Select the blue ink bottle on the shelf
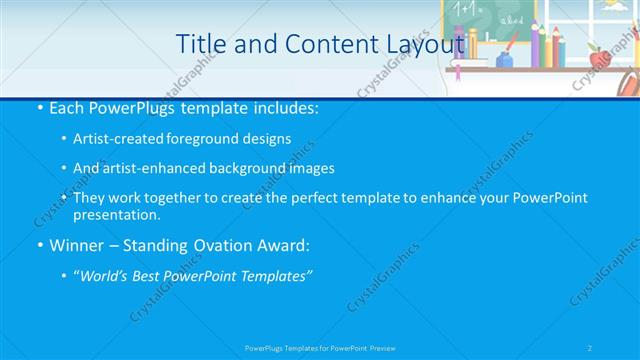coord(505,58)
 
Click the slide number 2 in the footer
coord(590,348)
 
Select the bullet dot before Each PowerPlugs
coord(38,107)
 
